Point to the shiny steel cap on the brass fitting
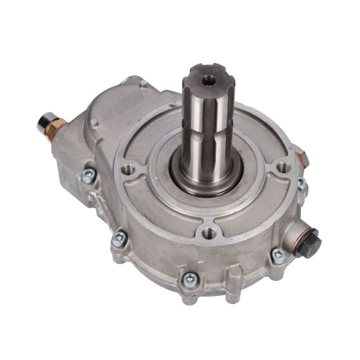tap(44, 121)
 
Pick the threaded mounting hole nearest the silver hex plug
tap(283, 167)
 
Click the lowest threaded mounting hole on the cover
tap(208, 233)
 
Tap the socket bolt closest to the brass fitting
tap(89, 175)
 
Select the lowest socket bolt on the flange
tap(190, 280)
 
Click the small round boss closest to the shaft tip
tap(143, 83)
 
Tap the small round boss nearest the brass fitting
tap(94, 122)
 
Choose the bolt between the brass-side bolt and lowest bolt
tap(119, 238)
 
